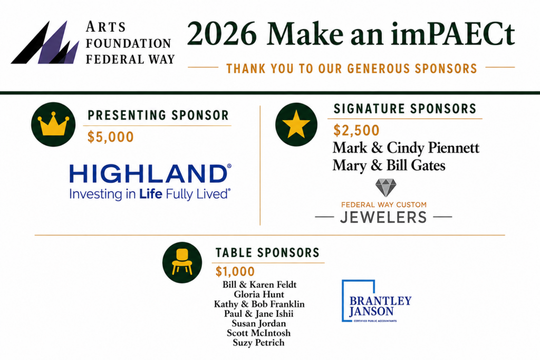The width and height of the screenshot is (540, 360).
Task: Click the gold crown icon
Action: coord(53,124)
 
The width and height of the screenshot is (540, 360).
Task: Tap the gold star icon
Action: coord(296,124)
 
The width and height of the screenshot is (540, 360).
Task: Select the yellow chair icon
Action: coord(182,262)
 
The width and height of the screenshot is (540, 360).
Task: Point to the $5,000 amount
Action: coord(111,137)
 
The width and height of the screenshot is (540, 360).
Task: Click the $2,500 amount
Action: coord(356,130)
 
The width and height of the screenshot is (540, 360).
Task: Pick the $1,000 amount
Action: coord(235,271)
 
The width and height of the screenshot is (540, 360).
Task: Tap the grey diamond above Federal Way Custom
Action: coord(385,188)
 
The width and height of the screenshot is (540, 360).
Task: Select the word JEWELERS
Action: coord(383,217)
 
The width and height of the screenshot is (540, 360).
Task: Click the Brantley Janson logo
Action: coord(377,301)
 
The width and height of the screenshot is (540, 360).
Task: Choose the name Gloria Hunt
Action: coord(259,294)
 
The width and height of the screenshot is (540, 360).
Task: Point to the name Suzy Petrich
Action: coord(258,343)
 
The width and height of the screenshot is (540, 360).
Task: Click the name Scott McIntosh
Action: coord(258,333)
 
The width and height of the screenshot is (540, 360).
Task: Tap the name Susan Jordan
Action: coord(258,324)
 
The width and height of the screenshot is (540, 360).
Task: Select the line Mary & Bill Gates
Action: coord(389,166)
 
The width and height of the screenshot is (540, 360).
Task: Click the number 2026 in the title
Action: coord(222,34)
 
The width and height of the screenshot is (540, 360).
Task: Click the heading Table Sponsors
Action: coord(267,252)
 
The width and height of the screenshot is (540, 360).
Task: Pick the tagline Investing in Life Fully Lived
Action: coord(150,194)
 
